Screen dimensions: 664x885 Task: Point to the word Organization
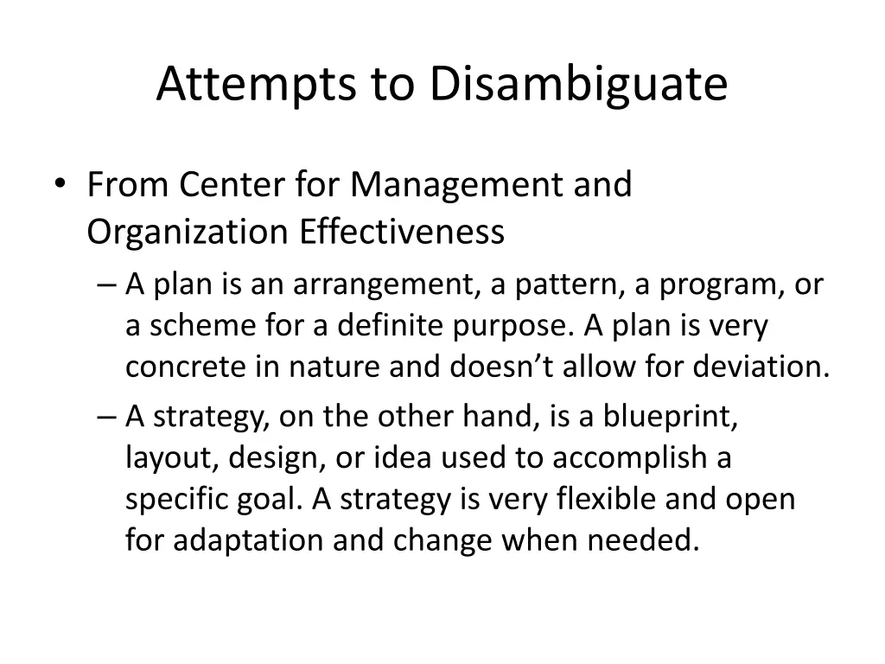pos(187,233)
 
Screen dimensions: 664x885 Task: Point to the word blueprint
pos(671,417)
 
